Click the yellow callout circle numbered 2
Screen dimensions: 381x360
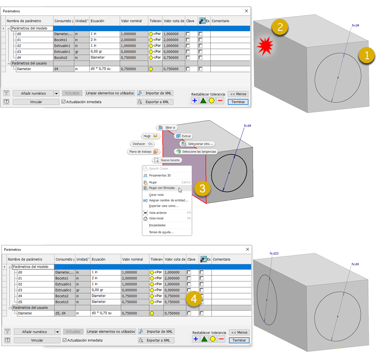[280, 27]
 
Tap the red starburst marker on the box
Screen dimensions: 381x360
[265, 46]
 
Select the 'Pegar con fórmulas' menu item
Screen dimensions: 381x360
[162, 188]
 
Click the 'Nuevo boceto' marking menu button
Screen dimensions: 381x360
[167, 160]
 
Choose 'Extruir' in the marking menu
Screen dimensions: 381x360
[184, 136]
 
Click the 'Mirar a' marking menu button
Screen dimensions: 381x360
[167, 127]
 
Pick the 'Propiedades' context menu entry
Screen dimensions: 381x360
[157, 225]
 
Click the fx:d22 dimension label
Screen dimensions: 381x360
[274, 253]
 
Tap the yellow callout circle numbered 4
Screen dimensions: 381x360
[194, 299]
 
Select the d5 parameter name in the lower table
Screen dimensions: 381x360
[20, 302]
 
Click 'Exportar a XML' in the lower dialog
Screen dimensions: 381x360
[156, 340]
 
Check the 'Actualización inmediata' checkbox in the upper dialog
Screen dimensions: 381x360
[64, 102]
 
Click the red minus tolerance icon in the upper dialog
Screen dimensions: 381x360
[220, 101]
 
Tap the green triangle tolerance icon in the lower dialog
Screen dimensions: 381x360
[204, 339]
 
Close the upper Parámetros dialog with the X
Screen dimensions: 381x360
[247, 11]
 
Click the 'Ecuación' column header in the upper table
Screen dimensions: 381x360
[97, 21]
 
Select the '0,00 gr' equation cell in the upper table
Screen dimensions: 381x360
[96, 51]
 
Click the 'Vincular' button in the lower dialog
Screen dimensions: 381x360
[37, 340]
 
